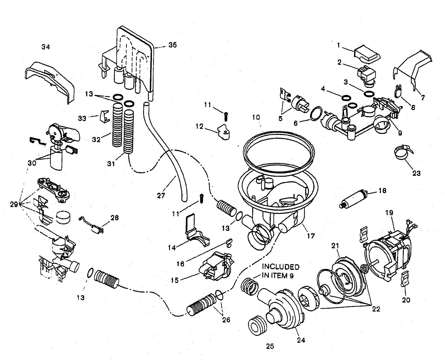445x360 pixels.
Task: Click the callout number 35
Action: coord(172,45)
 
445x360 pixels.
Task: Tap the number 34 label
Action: coord(46,47)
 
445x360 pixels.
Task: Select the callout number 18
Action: coord(382,191)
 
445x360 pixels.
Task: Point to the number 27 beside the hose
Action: coord(161,195)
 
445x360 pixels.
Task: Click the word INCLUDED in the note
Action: coord(280,267)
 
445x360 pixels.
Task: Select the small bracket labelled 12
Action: coord(224,131)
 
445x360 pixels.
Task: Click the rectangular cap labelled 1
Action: coord(367,54)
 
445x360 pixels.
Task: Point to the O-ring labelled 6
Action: coord(316,113)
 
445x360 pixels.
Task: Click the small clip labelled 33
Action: coord(105,116)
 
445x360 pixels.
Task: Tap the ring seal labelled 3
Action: coord(369,94)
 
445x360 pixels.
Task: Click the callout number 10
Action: coord(256,117)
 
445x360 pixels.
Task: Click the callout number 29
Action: coord(14,204)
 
